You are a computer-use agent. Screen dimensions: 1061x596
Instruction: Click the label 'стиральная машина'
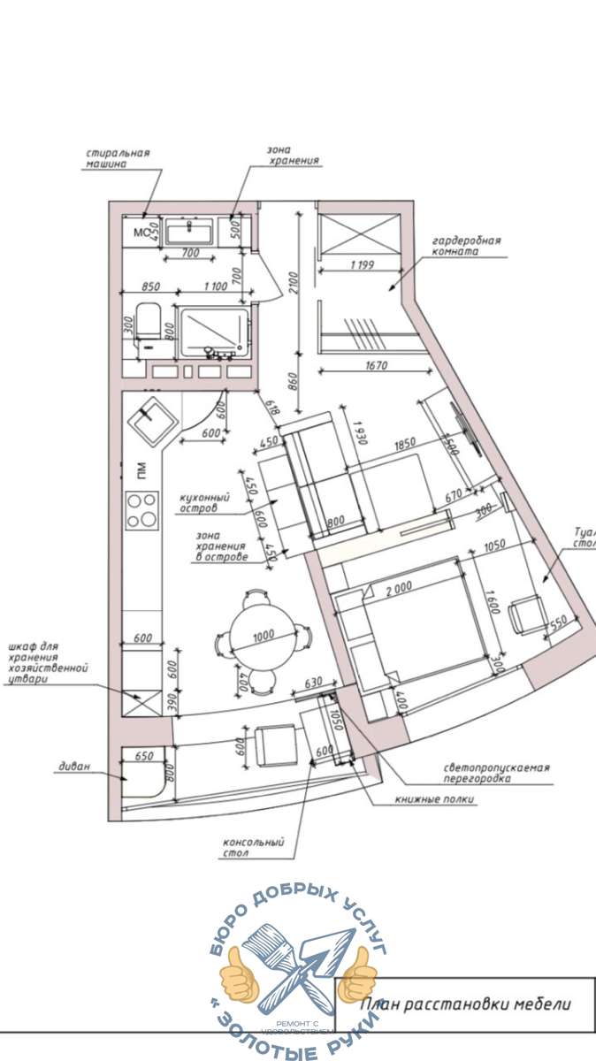(x=118, y=157)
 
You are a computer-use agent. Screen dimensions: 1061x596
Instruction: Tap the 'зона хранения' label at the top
(x=293, y=156)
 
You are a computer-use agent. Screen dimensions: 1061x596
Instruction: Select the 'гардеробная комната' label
(x=466, y=245)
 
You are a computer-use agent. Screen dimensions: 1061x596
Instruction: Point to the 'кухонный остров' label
(x=204, y=503)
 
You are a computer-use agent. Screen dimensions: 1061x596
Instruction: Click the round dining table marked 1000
(x=260, y=635)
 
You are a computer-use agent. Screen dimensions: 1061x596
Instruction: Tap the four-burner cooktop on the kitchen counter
(x=141, y=510)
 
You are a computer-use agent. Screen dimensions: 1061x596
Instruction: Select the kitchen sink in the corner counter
(x=149, y=421)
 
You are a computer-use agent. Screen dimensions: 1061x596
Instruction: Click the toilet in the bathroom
(x=147, y=329)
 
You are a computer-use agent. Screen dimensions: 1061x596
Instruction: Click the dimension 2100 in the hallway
(x=302, y=281)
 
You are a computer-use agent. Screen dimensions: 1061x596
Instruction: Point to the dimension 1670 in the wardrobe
(x=365, y=365)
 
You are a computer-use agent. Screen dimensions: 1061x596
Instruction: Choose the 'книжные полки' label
(x=436, y=800)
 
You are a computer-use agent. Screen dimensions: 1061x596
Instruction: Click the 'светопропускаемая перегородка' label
(x=496, y=774)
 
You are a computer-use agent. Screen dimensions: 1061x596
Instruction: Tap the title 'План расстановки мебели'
(x=466, y=1004)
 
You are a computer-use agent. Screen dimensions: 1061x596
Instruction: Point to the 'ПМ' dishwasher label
(x=140, y=471)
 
